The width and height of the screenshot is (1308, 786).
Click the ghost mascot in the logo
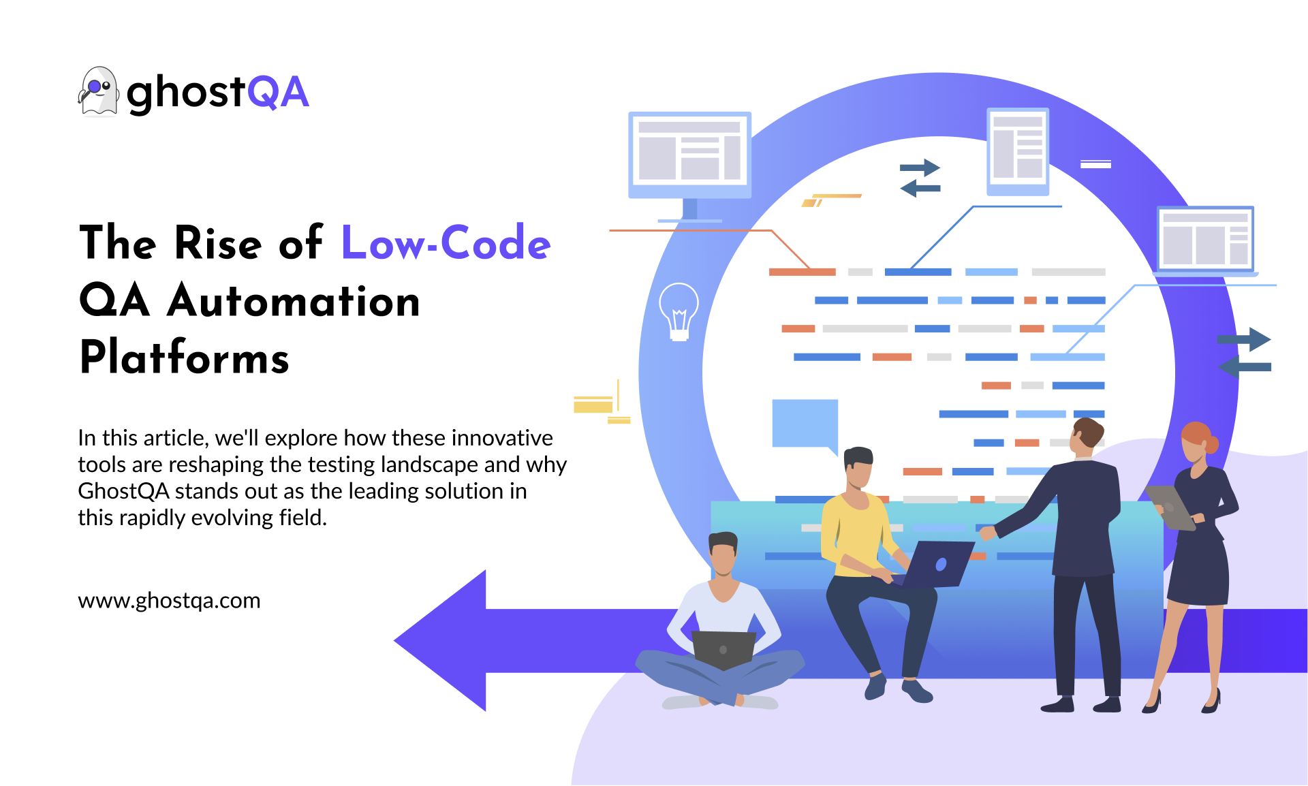[x=98, y=92]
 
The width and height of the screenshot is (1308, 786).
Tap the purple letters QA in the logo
[x=278, y=92]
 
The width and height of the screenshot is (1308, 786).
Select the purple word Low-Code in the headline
[x=445, y=242]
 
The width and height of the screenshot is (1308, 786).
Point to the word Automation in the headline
[x=294, y=300]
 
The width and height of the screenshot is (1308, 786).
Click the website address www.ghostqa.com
[x=169, y=601]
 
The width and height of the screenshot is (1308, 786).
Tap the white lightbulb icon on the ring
[x=679, y=311]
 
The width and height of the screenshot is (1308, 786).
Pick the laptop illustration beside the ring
[x=1205, y=240]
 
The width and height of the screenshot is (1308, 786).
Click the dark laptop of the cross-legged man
[x=723, y=649]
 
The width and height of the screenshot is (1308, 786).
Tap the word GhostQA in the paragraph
[x=123, y=491]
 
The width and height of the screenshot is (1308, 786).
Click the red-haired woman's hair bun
[x=1212, y=445]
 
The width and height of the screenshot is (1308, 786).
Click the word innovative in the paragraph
[x=502, y=438]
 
